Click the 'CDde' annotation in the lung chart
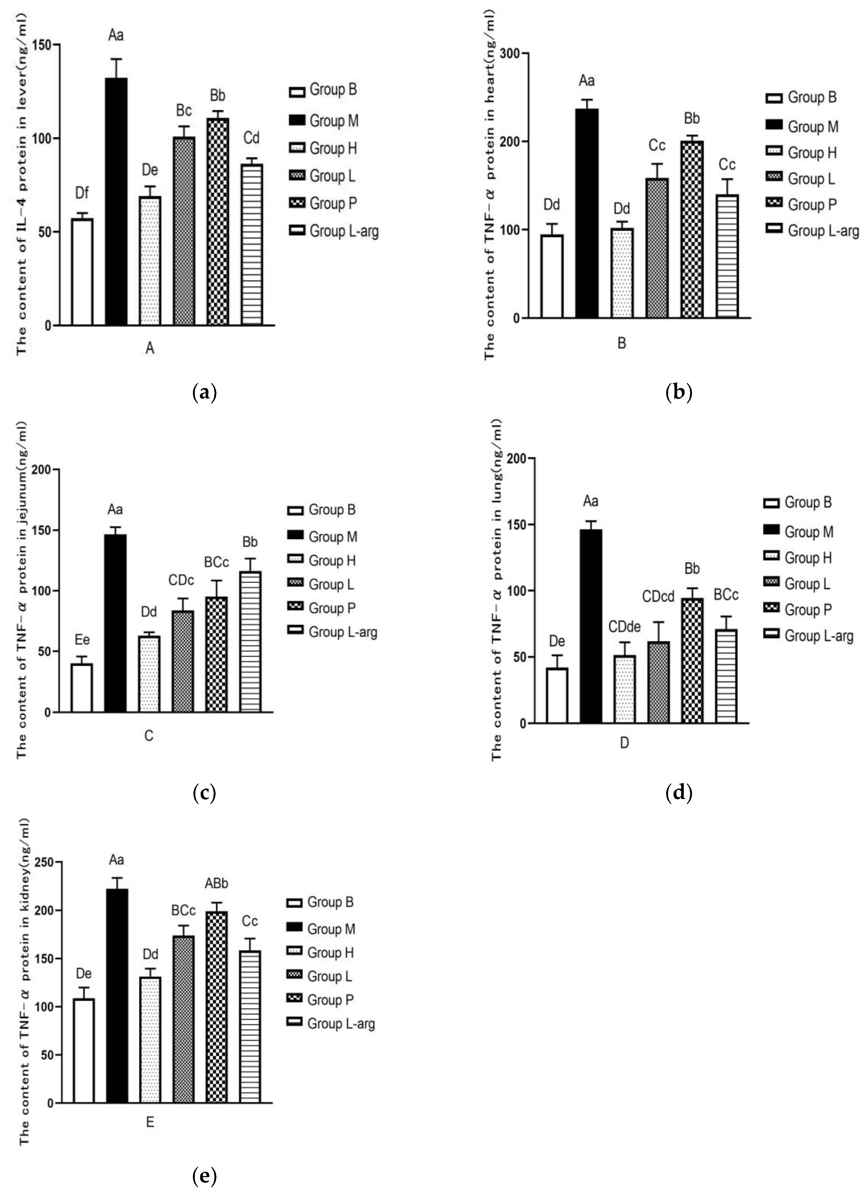click(x=624, y=627)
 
